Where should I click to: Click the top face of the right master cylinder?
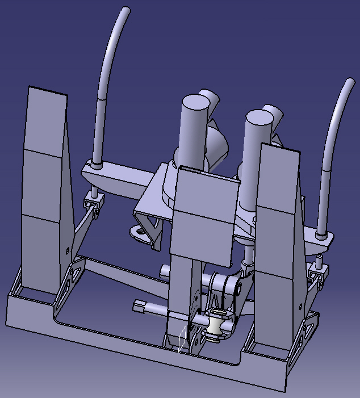(x=259, y=118)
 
